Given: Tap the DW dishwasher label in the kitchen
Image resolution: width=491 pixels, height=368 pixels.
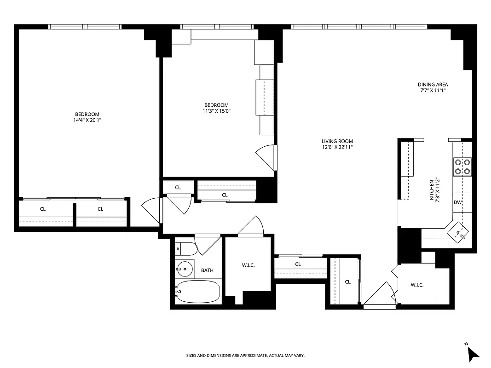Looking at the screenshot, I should point(457,203).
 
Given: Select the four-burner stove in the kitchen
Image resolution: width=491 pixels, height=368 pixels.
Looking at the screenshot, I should point(462,167).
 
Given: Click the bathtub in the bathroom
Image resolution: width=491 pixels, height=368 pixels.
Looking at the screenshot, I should point(198,292).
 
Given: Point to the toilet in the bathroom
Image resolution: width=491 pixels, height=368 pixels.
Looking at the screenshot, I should point(186,249).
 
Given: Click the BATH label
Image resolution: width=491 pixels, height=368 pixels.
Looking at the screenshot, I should point(207,270).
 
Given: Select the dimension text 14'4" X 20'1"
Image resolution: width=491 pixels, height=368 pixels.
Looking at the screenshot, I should point(87,121).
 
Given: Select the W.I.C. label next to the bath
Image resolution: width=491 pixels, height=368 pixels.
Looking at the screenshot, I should point(248,265).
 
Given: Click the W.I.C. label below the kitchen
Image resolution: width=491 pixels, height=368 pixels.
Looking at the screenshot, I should point(417,285).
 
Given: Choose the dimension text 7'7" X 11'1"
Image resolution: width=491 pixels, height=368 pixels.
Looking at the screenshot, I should point(433,91).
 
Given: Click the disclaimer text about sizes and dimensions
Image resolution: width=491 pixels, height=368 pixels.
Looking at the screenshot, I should point(245,356).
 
